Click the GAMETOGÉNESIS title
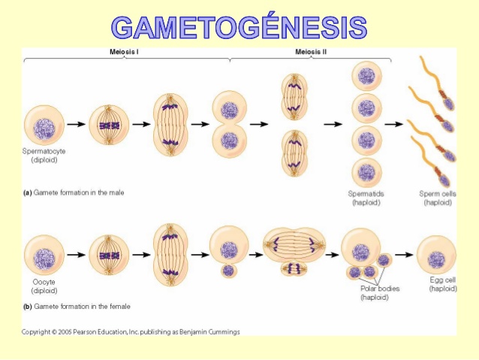point(239,26)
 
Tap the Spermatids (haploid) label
point(366,198)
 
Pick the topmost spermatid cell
point(366,76)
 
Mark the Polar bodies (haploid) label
point(379,292)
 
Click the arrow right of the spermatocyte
point(76,124)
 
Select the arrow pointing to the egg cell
point(404,256)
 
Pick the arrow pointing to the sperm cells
point(394,124)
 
